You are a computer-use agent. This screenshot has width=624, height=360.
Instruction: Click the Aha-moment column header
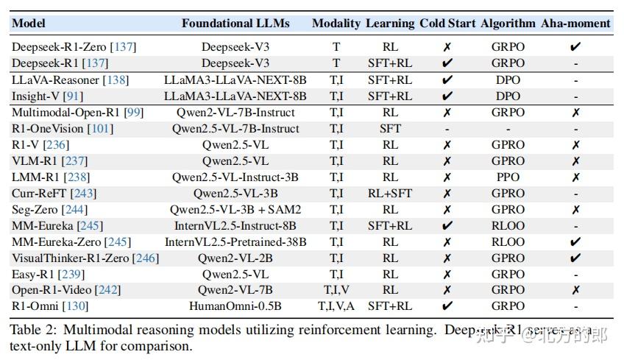(575, 23)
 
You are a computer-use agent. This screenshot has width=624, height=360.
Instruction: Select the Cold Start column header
(447, 23)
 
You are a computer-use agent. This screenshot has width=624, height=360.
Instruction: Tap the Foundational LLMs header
(235, 23)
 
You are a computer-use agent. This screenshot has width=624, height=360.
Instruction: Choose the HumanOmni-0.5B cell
(235, 306)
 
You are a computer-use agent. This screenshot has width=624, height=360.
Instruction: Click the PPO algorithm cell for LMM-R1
(508, 177)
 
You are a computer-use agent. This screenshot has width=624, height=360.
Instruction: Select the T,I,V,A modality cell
(336, 306)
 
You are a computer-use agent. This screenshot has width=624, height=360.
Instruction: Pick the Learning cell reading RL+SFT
(390, 193)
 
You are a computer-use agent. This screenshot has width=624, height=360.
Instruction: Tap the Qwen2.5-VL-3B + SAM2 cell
(235, 209)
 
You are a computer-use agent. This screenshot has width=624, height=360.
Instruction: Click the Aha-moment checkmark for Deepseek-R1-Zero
(575, 47)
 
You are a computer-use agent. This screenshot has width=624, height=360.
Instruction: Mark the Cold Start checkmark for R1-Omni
(447, 306)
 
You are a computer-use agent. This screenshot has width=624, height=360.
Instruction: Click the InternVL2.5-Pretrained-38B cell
(235, 241)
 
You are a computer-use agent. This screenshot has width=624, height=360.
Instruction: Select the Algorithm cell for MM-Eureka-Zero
(508, 241)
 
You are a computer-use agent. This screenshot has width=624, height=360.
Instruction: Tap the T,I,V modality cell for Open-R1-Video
(336, 289)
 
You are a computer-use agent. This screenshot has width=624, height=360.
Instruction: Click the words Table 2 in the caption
(30, 330)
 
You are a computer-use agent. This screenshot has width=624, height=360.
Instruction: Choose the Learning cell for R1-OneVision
(390, 129)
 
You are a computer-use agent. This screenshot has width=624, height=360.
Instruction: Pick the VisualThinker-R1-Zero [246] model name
(85, 258)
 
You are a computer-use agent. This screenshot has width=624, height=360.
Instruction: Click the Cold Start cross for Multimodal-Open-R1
(447, 113)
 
